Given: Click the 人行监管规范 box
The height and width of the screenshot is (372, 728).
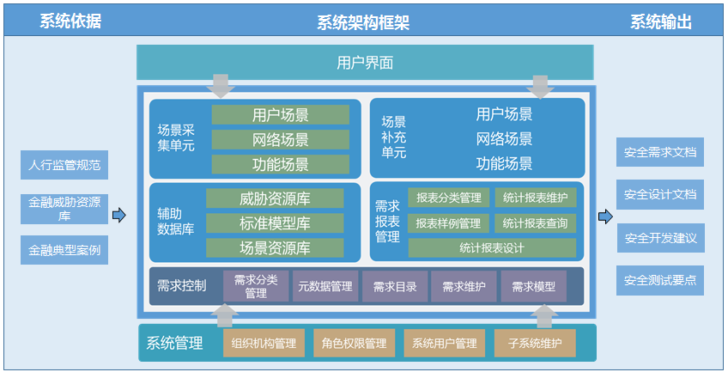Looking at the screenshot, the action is pos(64,165).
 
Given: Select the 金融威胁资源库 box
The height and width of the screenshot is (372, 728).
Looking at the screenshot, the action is pos(64,209).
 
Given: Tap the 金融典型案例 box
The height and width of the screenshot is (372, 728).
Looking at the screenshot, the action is pos(64,250).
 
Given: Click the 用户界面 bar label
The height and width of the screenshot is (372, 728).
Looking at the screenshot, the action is pos(365,63).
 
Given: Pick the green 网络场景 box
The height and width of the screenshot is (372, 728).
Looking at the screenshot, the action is pos(281,140).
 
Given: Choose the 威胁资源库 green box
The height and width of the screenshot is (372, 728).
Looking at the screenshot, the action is pos(275,198).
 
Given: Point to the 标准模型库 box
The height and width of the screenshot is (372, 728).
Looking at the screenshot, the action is pos(275,223).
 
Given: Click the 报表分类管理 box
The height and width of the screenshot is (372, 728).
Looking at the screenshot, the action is pos(448,198).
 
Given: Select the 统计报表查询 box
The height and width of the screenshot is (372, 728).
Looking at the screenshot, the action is pos(536,223).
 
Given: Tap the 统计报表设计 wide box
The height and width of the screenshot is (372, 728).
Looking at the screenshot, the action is pos(492,248).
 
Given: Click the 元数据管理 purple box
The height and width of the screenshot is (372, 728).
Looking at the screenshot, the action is pos(325,287).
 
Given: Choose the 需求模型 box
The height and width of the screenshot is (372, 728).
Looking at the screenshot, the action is pos(533,287).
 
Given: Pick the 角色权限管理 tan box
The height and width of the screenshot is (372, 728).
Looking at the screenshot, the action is pos(355,343).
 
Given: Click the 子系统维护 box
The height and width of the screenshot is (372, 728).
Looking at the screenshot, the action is pos(535,343).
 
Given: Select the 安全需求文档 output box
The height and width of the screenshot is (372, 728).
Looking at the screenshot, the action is pos(660,152).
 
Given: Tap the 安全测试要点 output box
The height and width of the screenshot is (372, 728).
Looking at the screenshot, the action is pos(660,281).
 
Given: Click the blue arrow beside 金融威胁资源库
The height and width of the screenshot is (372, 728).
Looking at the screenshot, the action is pos(119,215).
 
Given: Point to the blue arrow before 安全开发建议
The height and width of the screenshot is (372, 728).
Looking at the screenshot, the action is pos(605,216).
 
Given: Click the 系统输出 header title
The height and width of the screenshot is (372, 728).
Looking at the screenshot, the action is pos(661,21).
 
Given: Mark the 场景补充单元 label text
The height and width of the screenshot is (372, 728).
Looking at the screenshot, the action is pos(394,137).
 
